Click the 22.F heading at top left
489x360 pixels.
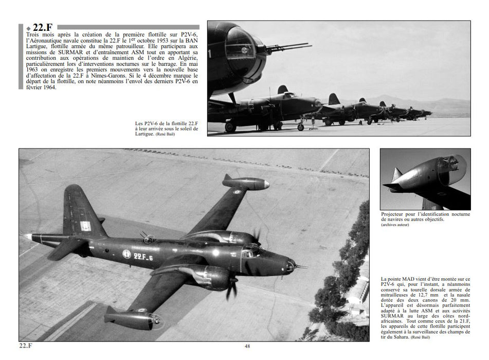[x=39, y=28]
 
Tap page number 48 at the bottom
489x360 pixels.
[x=247, y=346]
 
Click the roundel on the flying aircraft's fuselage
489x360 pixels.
[x=126, y=253]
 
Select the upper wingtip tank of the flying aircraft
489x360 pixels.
[x=246, y=183]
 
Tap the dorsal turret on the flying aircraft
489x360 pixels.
[x=147, y=237]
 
